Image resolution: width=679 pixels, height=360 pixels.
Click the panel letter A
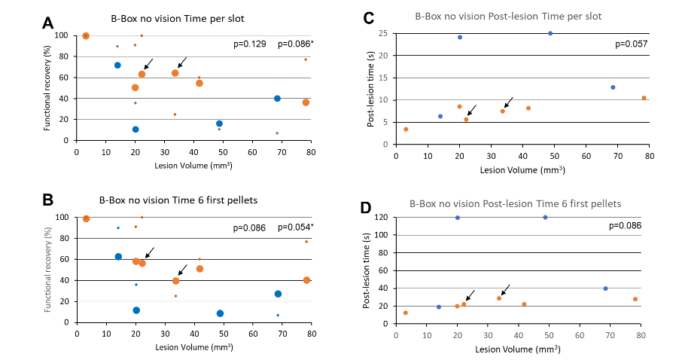pyautogui.click(x=47, y=23)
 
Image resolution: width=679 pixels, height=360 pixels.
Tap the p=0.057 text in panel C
pyautogui.click(x=631, y=44)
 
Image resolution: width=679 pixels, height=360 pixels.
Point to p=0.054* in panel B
pyautogui.click(x=296, y=227)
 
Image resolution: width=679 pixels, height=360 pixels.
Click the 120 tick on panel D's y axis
pyautogui.click(x=381, y=218)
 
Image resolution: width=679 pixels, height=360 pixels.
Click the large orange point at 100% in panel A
pyautogui.click(x=86, y=35)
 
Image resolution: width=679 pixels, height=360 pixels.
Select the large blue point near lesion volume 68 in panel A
pyautogui.click(x=277, y=99)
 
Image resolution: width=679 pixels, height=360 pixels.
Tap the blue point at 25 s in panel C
pyautogui.click(x=550, y=33)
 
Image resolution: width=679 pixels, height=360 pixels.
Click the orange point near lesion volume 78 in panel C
pyautogui.click(x=644, y=98)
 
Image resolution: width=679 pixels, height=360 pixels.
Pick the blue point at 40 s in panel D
pyautogui.click(x=605, y=288)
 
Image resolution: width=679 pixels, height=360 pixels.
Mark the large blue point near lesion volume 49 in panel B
pyautogui.click(x=220, y=313)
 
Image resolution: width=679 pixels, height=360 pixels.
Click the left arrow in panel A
pyautogui.click(x=149, y=64)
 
